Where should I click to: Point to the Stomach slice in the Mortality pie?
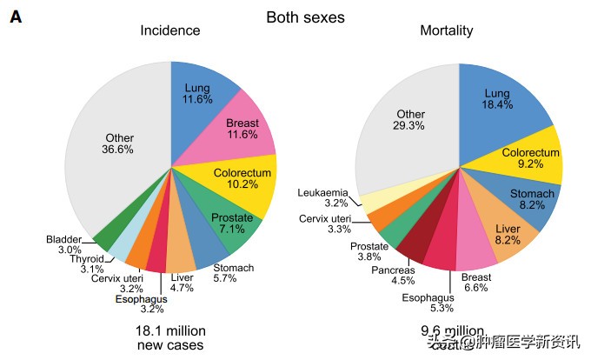point(531,198)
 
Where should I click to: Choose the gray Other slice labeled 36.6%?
point(119,144)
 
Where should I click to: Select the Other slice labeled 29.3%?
point(410,120)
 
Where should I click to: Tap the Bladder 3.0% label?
point(63,244)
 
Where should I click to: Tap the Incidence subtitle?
point(170,31)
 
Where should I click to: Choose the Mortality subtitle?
point(447,31)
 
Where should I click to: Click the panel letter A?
point(16,17)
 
